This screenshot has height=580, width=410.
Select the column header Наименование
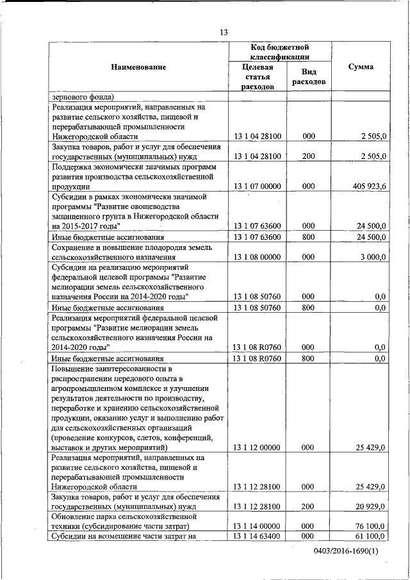[x=138, y=67]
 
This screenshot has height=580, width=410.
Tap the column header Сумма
[x=360, y=67]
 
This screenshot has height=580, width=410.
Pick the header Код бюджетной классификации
[x=279, y=52]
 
